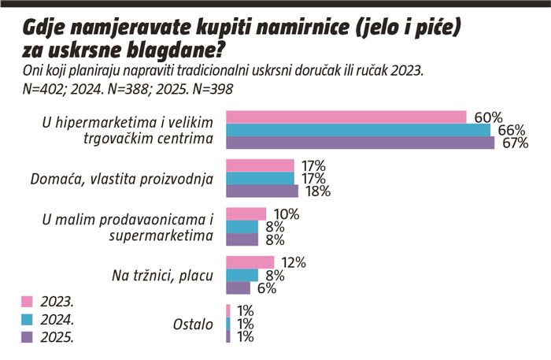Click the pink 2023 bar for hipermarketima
point(346,117)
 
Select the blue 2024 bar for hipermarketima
point(358,130)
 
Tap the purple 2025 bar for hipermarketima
point(360,143)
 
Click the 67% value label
point(514,143)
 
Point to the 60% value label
point(488,117)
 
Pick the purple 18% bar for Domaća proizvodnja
point(262,191)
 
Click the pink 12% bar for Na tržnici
point(250,262)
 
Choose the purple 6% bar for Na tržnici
point(238,288)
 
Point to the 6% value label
point(266,288)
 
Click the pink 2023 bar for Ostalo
point(228,310)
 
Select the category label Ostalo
point(193,324)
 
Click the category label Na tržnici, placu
point(163,276)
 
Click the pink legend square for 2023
point(27,302)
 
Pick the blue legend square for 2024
point(27,320)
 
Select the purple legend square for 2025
point(27,337)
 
